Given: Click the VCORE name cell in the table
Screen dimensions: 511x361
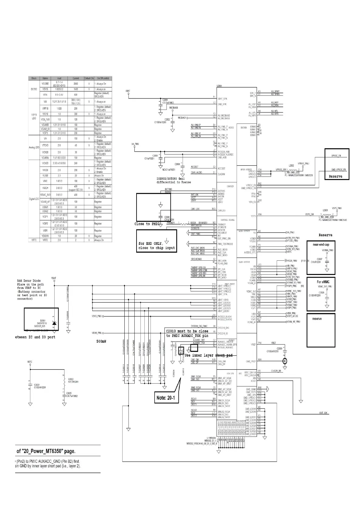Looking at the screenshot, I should (45, 83).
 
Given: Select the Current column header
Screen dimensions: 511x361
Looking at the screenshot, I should (76, 78).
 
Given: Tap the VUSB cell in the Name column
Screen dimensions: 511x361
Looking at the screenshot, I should (45, 175).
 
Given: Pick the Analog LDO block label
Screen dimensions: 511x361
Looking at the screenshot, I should (34, 147).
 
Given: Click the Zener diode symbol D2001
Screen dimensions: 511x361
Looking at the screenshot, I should (54, 323).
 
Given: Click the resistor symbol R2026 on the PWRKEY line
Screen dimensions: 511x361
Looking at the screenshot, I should (184, 224).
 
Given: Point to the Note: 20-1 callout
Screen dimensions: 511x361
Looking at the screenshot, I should (166, 398).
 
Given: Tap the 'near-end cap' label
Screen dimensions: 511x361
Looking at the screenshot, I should (321, 245).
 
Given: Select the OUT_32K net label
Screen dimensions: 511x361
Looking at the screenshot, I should (323, 413).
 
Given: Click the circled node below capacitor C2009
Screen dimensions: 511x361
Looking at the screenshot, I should (285, 361).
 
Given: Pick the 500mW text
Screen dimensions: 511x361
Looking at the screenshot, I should (101, 341).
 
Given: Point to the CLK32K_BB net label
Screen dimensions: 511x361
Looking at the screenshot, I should (276, 371).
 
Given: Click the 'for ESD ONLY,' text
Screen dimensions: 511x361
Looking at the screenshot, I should (151, 243).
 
